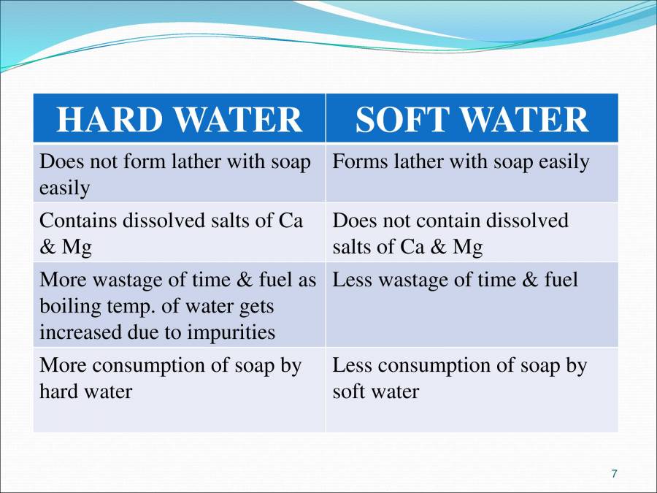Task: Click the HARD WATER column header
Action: point(179,119)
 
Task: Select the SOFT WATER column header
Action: point(472,119)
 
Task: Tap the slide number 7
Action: point(614,474)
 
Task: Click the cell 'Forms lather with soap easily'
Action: point(461,161)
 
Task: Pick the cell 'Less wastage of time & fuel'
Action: point(455,280)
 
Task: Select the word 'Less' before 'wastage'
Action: point(351,280)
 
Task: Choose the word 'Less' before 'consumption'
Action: point(351,365)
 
